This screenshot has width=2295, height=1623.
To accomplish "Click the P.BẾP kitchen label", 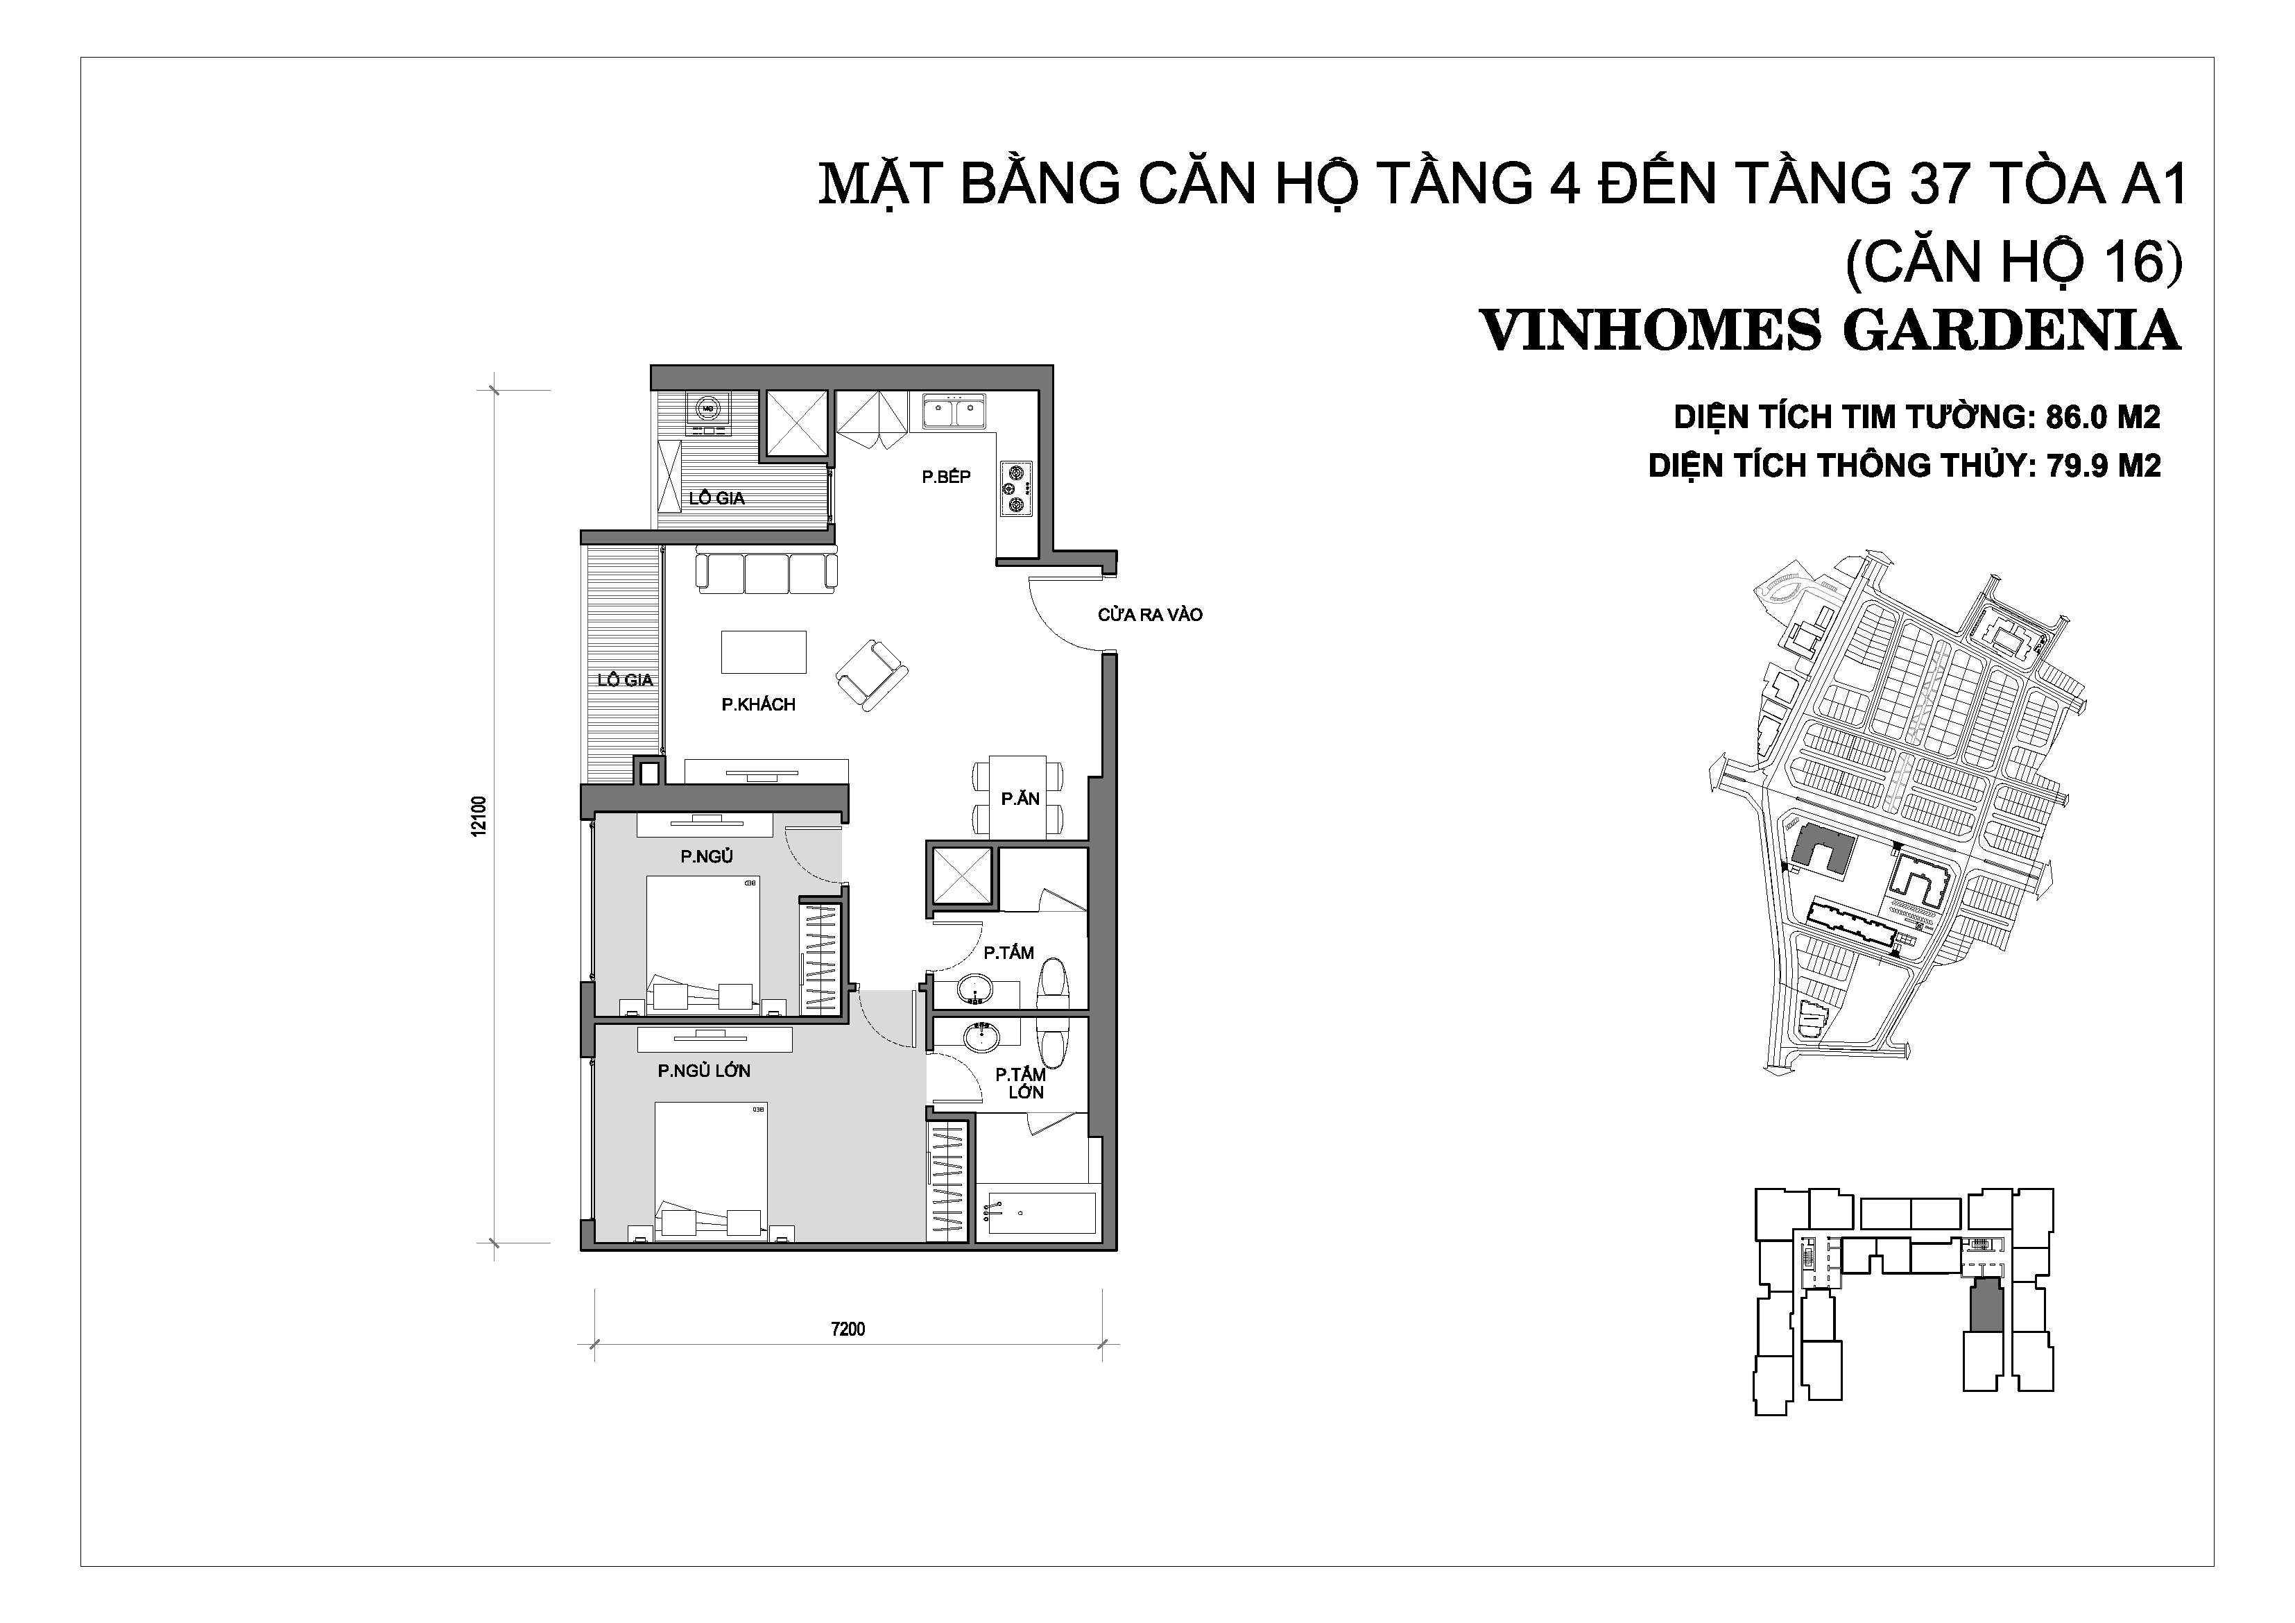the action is [x=945, y=476].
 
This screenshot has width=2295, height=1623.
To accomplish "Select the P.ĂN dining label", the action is [x=1020, y=798].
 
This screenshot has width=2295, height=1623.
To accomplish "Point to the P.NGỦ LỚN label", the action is [x=704, y=1070].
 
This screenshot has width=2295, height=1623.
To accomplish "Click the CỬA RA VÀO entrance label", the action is [x=1149, y=615].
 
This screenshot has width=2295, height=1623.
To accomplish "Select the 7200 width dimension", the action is [x=848, y=1329].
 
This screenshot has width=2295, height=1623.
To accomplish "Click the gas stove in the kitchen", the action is [x=1017, y=489].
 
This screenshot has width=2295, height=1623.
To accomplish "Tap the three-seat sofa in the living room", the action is [x=766, y=571].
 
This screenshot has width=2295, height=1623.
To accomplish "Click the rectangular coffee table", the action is [x=764, y=652].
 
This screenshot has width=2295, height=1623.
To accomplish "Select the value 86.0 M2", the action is [x=2103, y=417].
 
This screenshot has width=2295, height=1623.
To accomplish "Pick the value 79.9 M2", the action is [x=2104, y=465].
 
